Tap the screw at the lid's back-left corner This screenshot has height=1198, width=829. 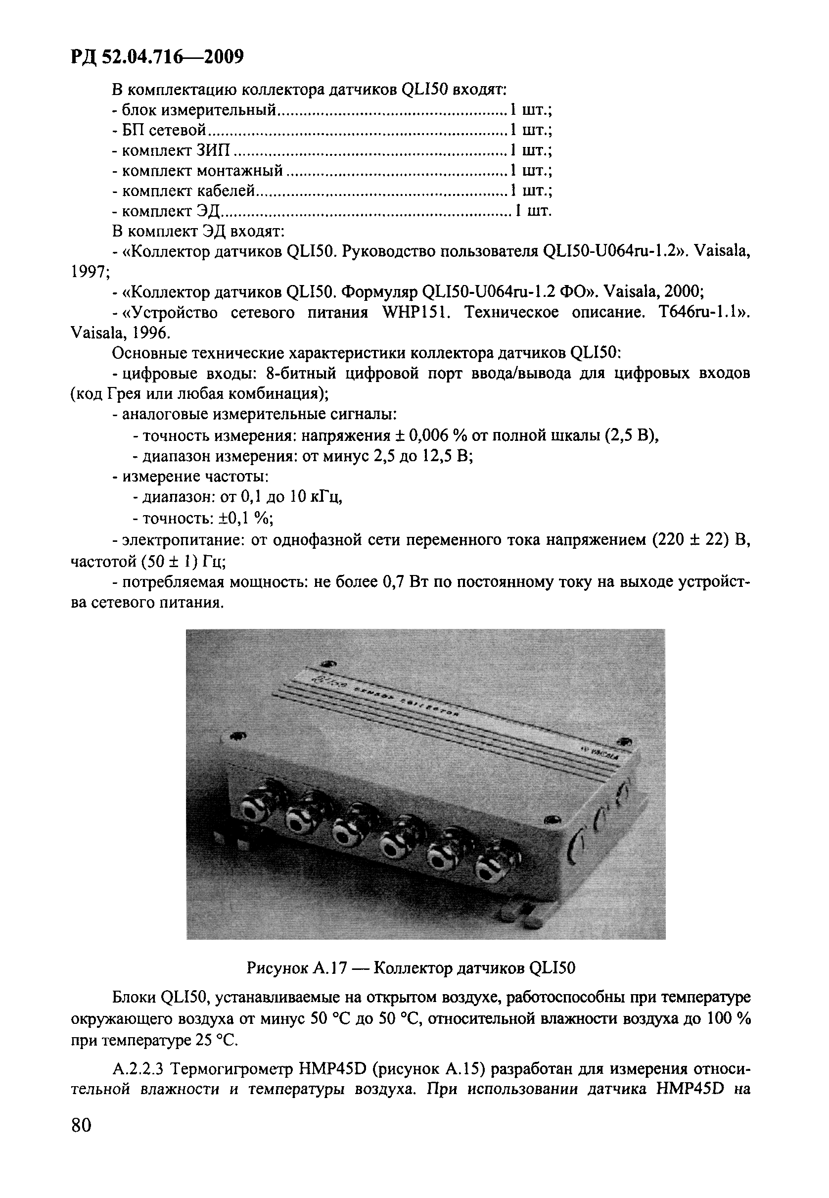point(328,664)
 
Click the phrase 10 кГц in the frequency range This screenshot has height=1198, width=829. point(315,497)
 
